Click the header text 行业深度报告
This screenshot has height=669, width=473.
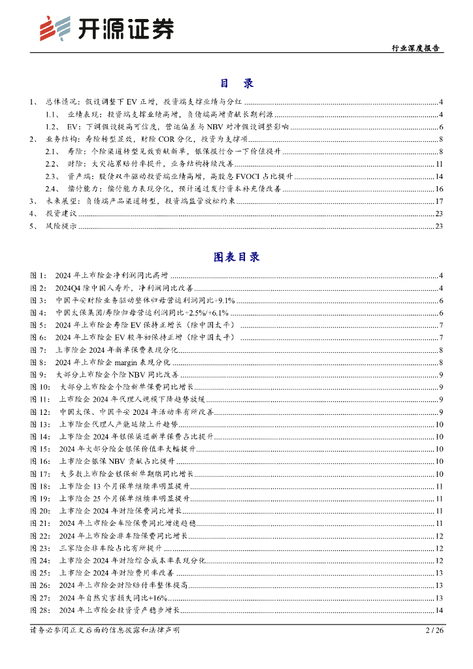(415, 48)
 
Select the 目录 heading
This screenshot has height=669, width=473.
(236, 84)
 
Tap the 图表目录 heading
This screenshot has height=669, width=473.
(236, 257)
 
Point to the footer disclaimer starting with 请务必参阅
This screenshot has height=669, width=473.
(105, 630)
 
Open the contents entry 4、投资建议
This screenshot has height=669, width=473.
(61, 214)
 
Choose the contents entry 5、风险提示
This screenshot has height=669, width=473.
(61, 226)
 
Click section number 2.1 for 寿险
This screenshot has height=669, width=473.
(53, 152)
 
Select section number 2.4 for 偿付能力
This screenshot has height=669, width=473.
(53, 189)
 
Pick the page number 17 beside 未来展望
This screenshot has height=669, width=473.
(439, 201)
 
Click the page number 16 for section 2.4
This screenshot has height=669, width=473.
(439, 189)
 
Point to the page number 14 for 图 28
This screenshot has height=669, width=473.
(439, 610)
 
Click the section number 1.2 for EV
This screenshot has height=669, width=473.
(53, 127)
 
